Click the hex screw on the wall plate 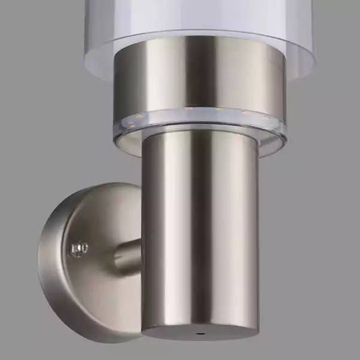(78, 247)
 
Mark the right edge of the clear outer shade (312, 36)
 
